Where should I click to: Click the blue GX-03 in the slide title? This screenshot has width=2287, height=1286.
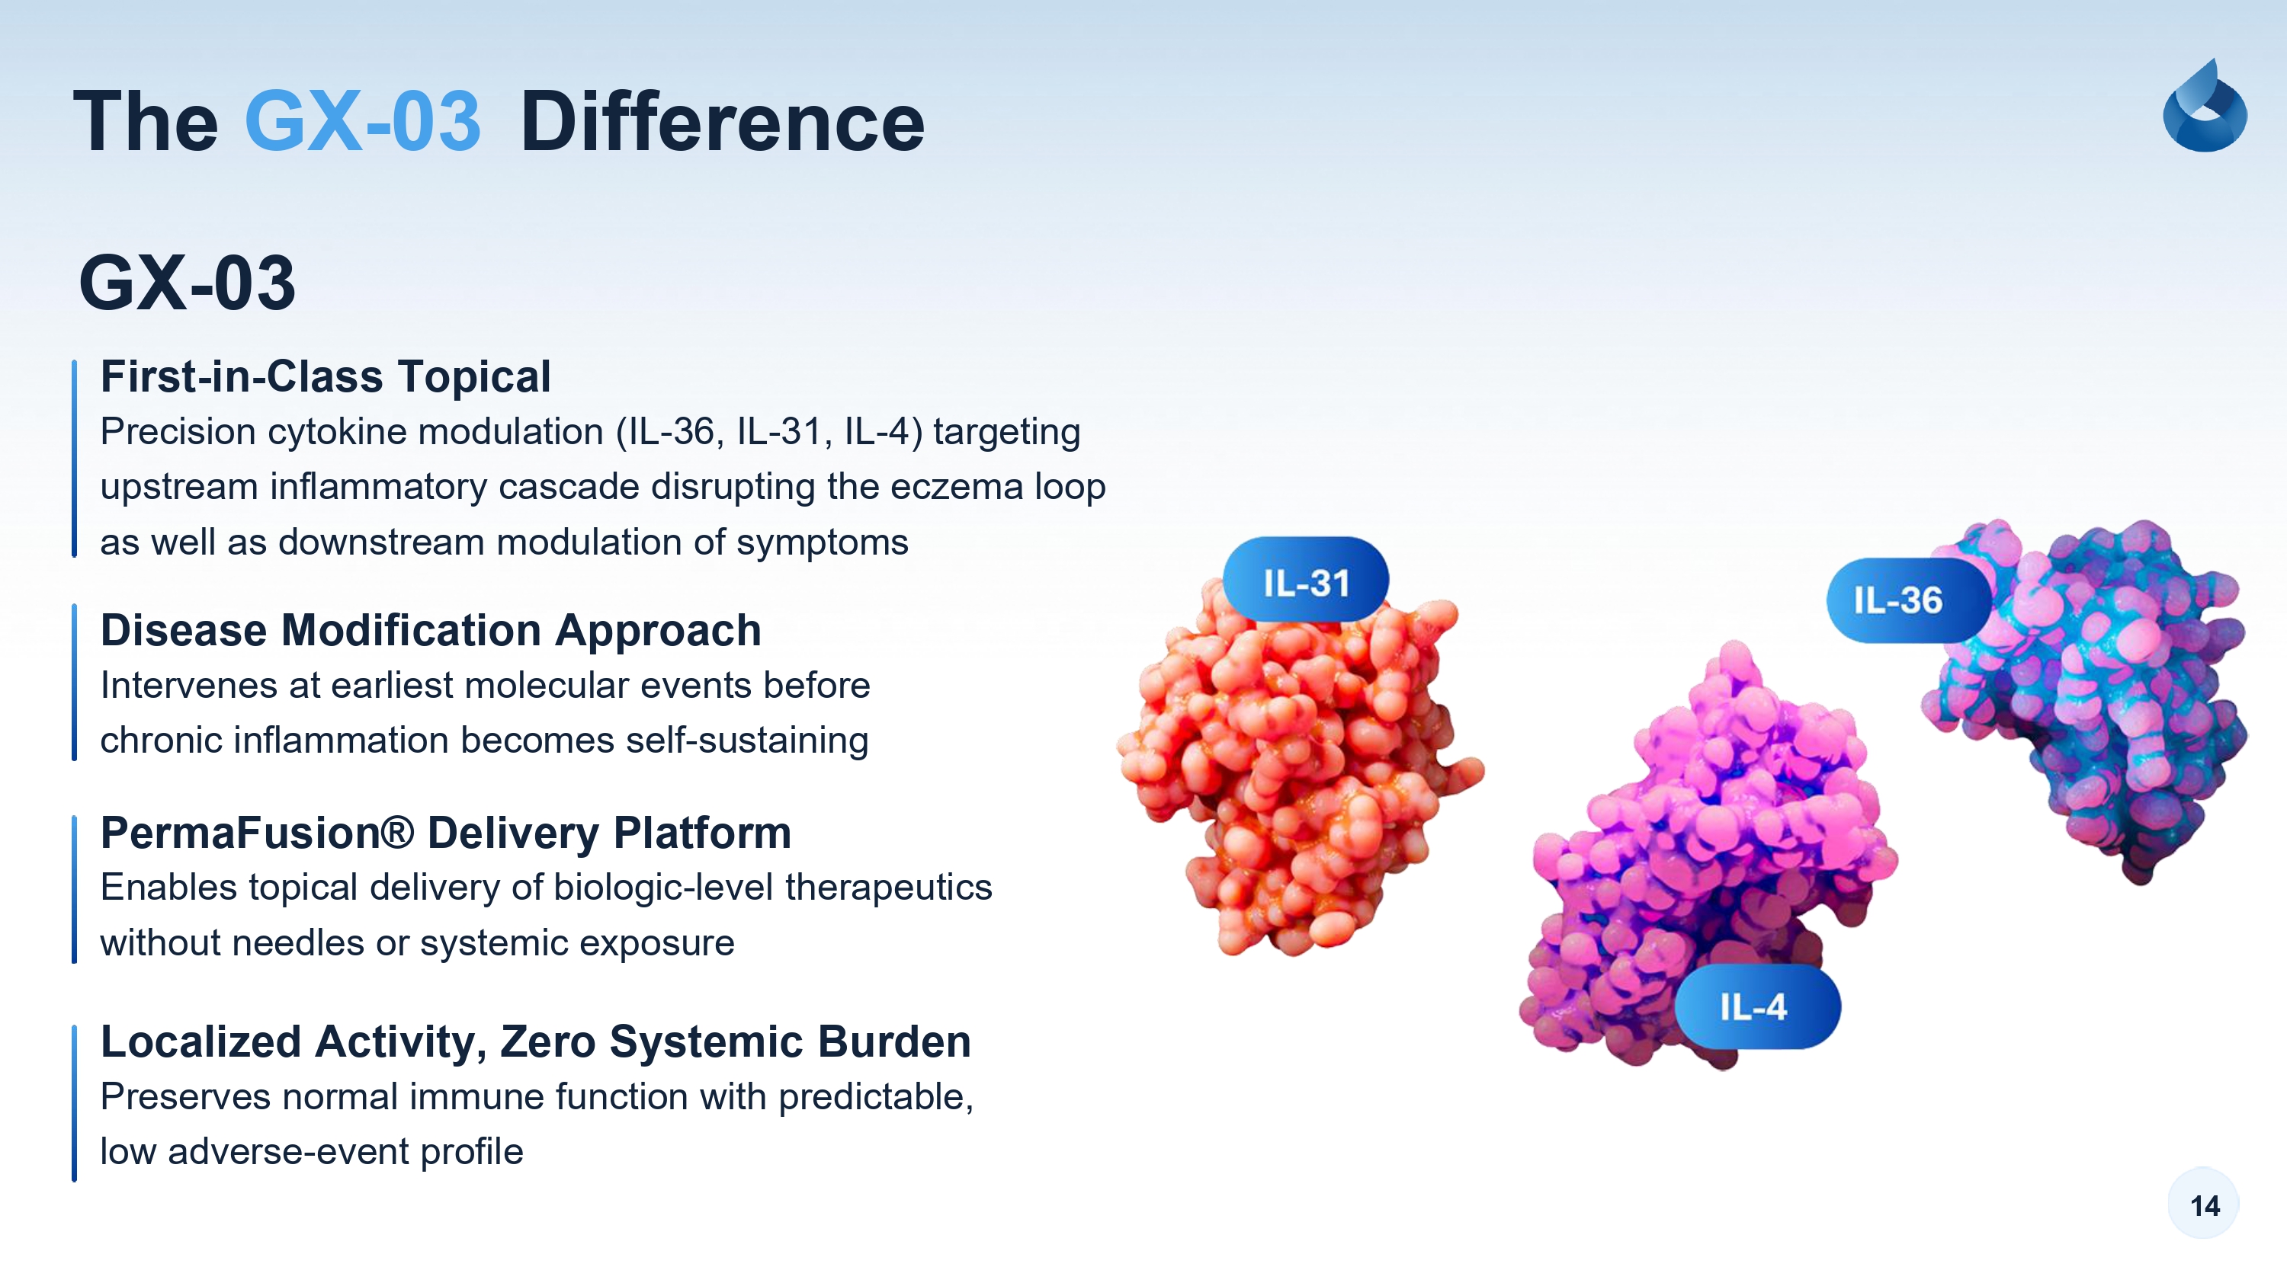click(363, 122)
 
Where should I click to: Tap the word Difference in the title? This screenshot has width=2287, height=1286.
click(722, 122)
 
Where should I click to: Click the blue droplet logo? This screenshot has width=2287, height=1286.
click(2205, 106)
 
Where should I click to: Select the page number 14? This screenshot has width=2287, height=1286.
click(2205, 1205)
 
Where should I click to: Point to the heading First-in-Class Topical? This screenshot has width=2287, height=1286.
click(326, 376)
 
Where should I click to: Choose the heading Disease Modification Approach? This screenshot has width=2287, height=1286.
click(431, 630)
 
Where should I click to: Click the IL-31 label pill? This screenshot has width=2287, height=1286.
click(1306, 582)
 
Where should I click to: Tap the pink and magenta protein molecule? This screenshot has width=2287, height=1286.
click(1705, 852)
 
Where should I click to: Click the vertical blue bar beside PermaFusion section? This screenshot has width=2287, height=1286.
click(75, 888)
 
